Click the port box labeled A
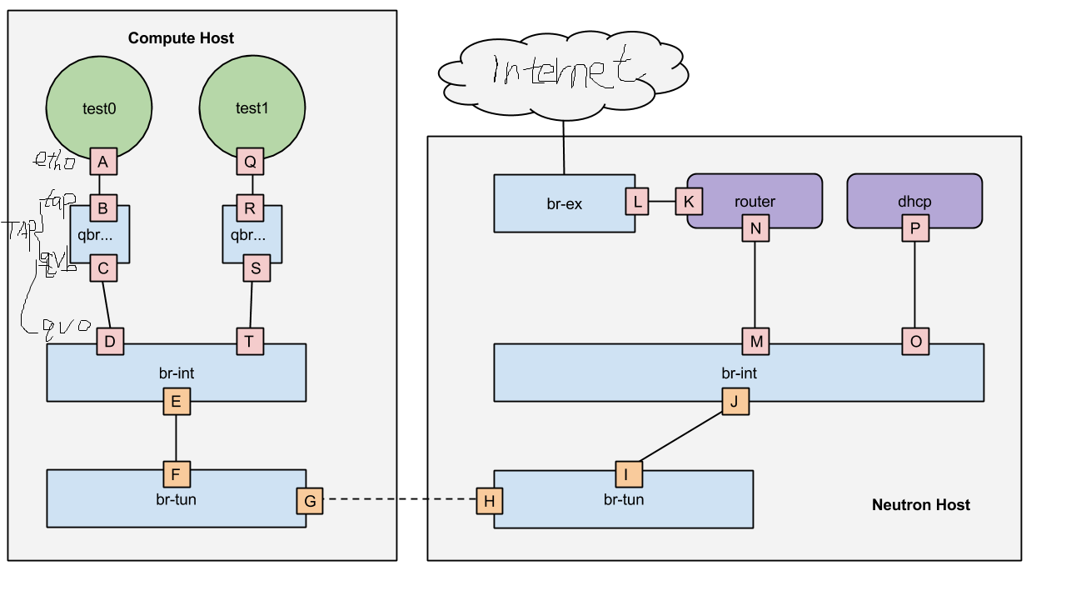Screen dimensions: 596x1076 [x=103, y=162]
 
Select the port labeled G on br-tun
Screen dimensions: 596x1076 [x=310, y=501]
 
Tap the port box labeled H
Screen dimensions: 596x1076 [x=490, y=501]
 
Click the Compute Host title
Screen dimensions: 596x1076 [x=181, y=38]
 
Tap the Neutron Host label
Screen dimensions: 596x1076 [x=920, y=504]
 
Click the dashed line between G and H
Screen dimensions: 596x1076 [x=399, y=501]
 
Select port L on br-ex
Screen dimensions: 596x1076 [x=638, y=202]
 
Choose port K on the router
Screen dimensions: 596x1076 [x=689, y=202]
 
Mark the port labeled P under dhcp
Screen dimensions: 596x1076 [x=915, y=228]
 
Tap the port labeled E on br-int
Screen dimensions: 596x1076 [x=176, y=402]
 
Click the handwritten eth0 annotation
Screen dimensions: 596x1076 [x=53, y=162]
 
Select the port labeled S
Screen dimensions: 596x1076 [x=257, y=268]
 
